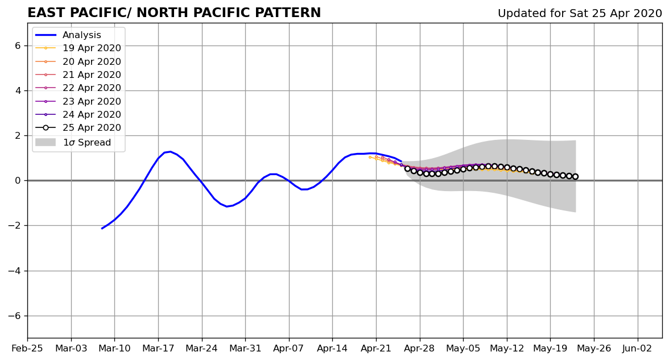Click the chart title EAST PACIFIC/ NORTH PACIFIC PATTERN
coord(174,13)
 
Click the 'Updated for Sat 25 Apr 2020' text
coord(580,14)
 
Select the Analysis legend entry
coord(68,35)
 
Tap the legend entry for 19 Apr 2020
coord(78,48)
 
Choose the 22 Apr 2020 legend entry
coord(78,88)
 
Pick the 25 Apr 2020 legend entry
coord(78,127)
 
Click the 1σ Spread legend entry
coord(73,142)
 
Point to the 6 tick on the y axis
coord(18,45)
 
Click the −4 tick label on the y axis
coord(14,271)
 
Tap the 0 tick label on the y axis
coord(18,181)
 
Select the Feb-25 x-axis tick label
coord(27,349)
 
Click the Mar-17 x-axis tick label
coord(158,349)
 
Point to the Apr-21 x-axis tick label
coord(376,349)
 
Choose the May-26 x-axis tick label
coord(594,349)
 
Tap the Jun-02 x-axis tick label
coord(637,349)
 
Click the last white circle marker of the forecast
coord(575,176)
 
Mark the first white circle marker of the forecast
coord(407,169)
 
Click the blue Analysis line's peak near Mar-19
coord(170,151)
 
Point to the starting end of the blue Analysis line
coord(101,229)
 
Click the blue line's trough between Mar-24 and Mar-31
coord(226,206)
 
